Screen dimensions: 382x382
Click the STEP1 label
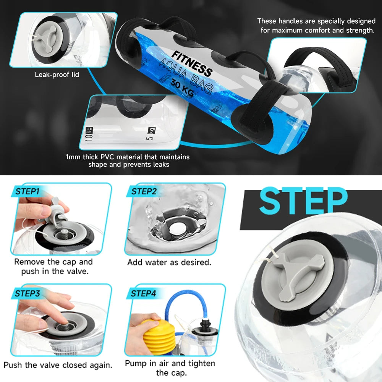click(x=27, y=191)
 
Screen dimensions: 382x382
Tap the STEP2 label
click(x=144, y=191)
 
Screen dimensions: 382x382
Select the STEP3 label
click(x=27, y=293)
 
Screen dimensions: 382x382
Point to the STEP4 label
click(x=143, y=293)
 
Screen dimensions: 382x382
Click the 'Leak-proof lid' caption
click(x=57, y=74)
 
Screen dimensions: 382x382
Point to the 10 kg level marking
click(x=89, y=134)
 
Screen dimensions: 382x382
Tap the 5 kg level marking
click(x=151, y=134)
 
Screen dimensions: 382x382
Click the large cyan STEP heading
click(x=303, y=201)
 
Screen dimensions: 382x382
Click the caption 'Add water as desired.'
click(x=169, y=262)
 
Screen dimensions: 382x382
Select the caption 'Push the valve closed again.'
click(x=58, y=365)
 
